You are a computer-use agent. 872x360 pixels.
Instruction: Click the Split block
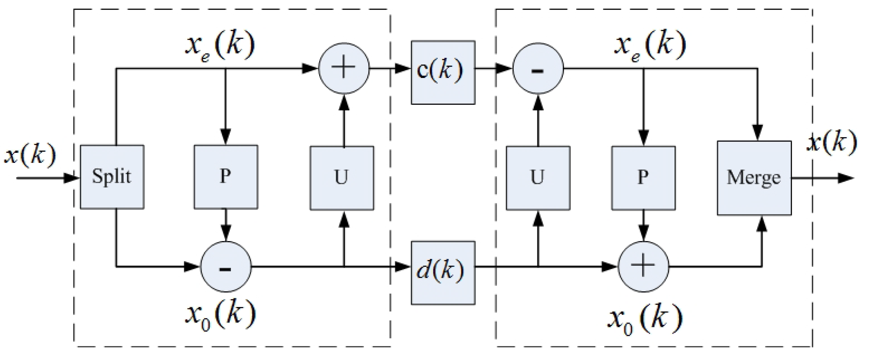click(x=112, y=177)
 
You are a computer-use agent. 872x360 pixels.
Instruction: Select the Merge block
click(x=754, y=178)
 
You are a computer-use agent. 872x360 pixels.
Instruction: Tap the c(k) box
click(x=443, y=72)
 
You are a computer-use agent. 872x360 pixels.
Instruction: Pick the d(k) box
click(x=443, y=273)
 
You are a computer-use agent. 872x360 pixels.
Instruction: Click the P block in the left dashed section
click(x=226, y=177)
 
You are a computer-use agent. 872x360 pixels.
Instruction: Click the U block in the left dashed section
click(x=342, y=178)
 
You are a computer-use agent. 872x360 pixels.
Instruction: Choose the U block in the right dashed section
click(x=538, y=178)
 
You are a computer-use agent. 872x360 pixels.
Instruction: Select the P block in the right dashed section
click(x=643, y=178)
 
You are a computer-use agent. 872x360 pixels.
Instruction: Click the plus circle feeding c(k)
click(x=344, y=68)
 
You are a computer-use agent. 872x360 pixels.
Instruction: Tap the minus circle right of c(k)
click(x=538, y=68)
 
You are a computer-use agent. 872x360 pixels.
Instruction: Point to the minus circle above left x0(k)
click(x=226, y=267)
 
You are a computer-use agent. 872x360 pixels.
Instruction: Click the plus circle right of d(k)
click(x=643, y=267)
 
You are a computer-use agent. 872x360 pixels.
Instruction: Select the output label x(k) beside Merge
click(x=832, y=142)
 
